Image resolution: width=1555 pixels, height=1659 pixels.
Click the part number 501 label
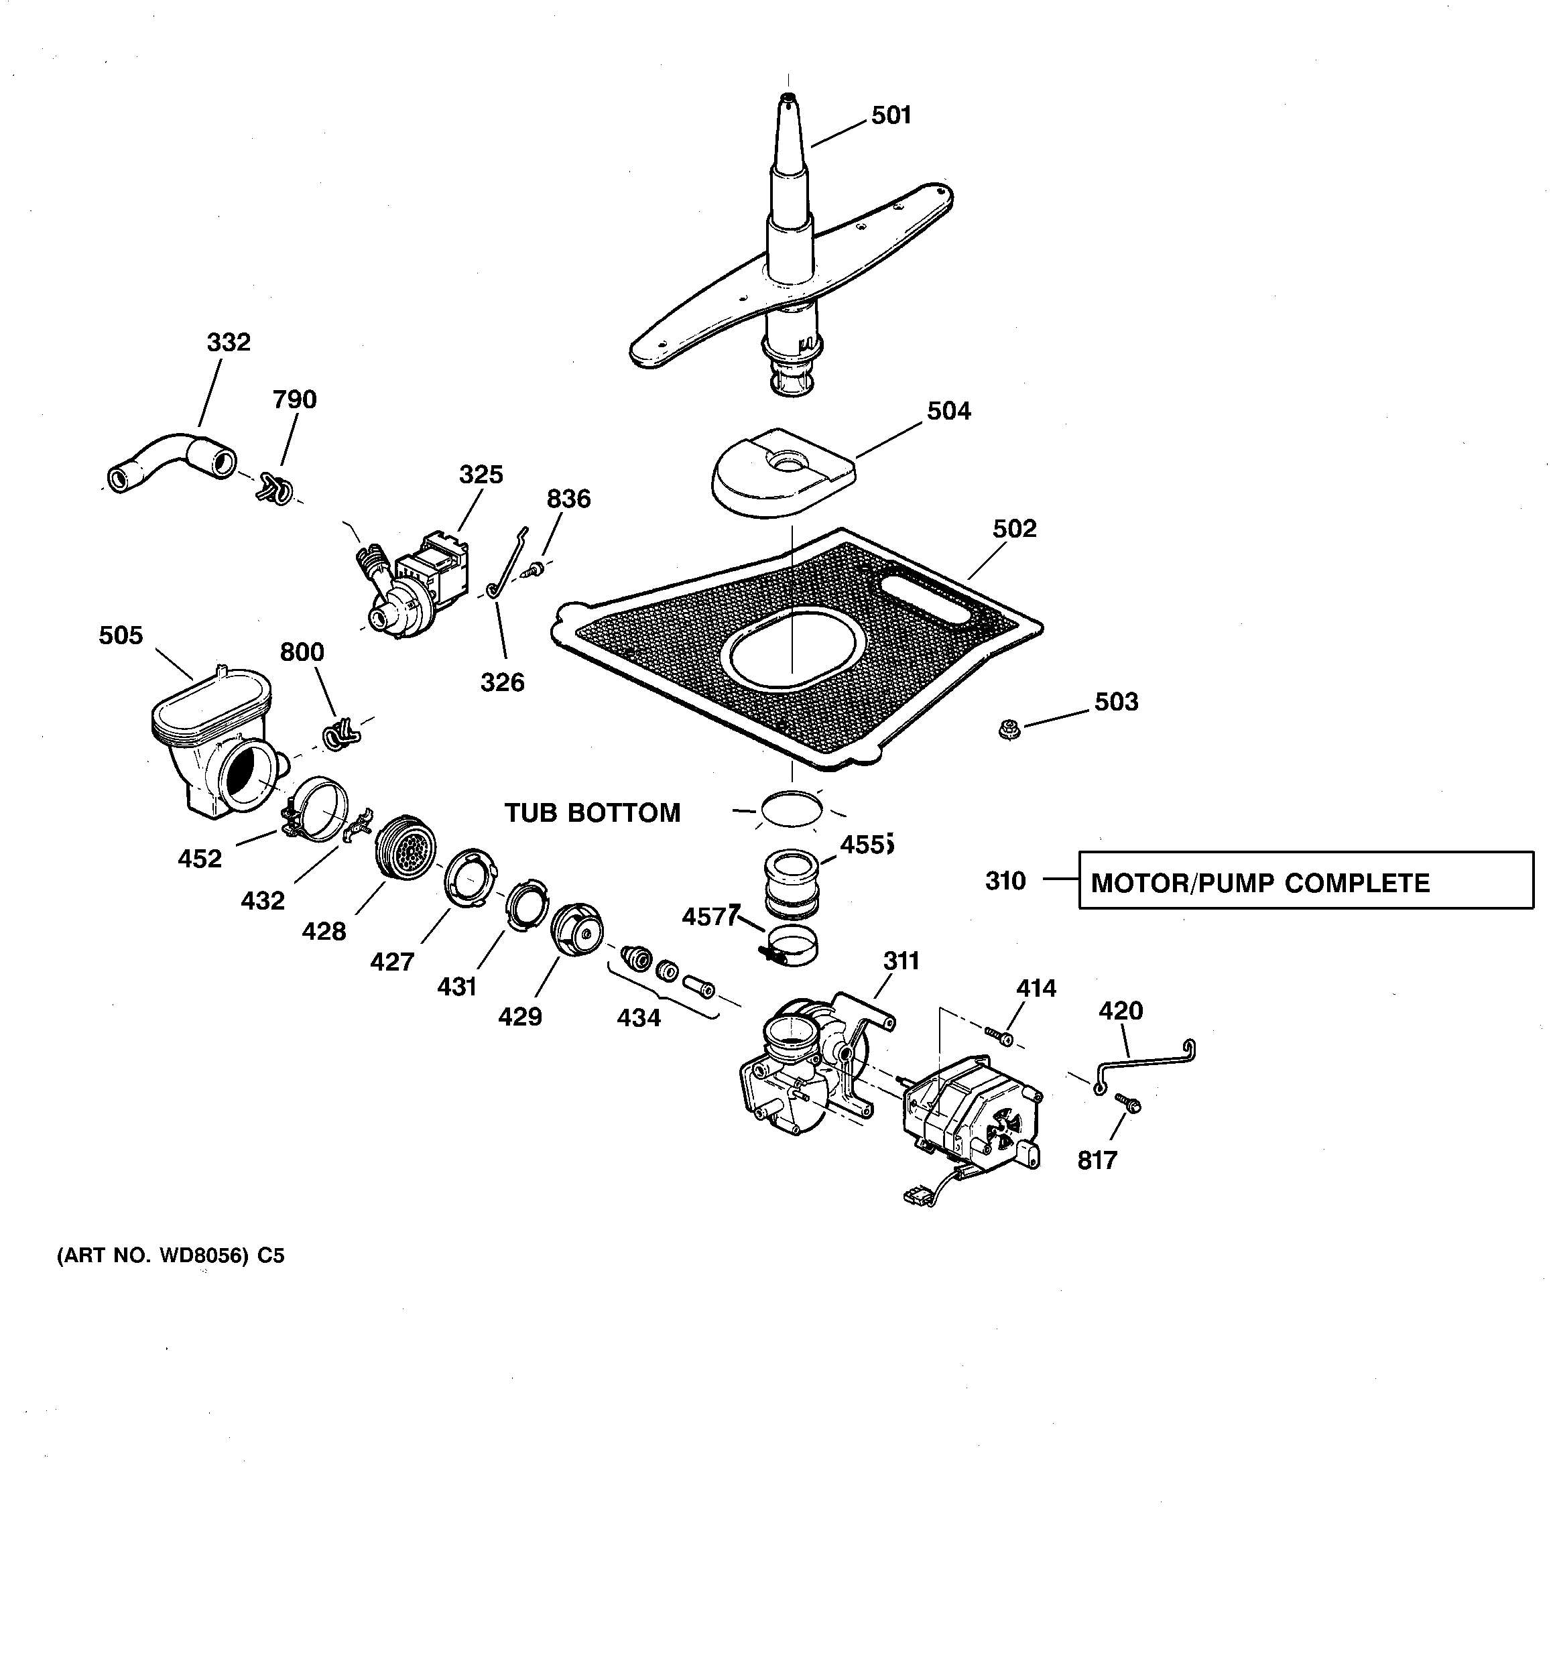tap(891, 115)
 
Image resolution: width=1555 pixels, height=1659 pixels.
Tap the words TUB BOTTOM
tap(592, 813)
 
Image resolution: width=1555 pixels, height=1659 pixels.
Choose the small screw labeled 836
tap(534, 570)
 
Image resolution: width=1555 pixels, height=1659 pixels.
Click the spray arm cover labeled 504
tap(783, 473)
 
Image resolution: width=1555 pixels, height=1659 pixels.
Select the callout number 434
tap(639, 1018)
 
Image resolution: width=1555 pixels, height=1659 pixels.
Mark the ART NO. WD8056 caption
tap(170, 1256)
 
